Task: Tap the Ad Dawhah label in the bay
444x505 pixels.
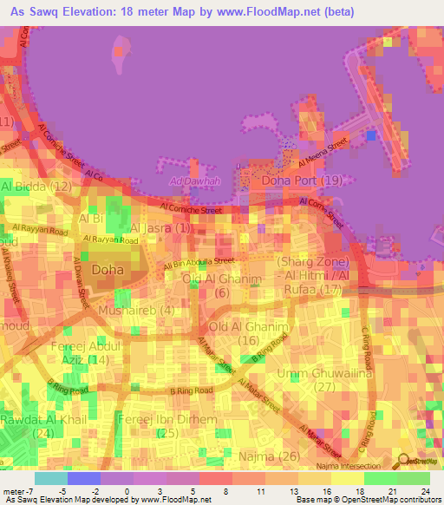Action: [x=189, y=181]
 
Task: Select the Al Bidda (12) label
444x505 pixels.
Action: [x=36, y=187]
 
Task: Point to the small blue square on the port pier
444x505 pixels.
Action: [x=372, y=135]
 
